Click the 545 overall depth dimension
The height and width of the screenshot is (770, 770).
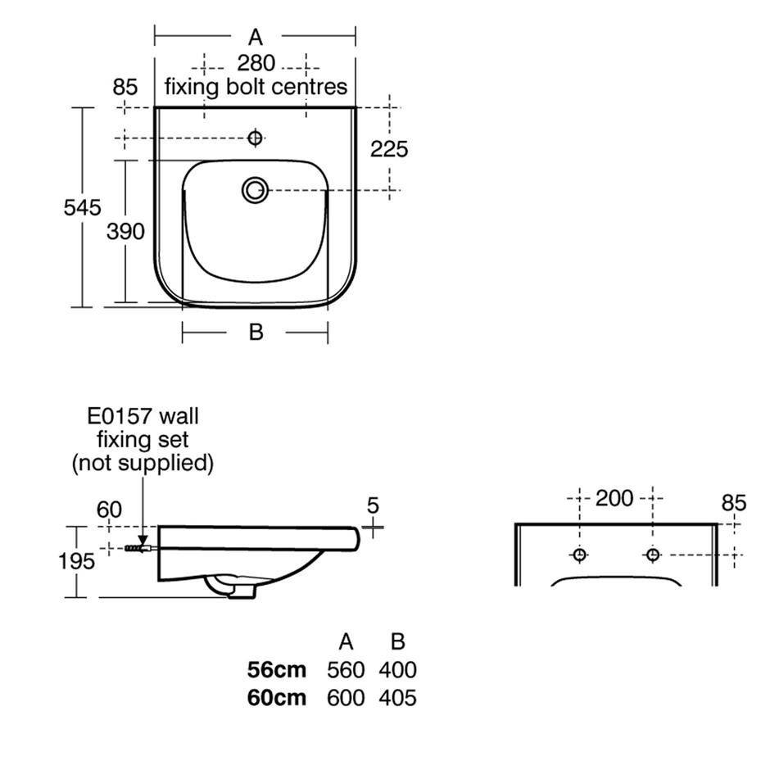83,207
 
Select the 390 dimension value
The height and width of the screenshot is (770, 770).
125,232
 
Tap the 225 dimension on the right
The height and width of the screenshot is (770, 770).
389,149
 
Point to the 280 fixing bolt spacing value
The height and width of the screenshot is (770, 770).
256,63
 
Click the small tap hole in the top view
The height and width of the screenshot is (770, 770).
255,138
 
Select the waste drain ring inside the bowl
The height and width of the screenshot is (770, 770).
255,190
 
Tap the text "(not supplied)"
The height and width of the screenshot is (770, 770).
143,463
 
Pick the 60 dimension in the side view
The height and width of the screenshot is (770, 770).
109,510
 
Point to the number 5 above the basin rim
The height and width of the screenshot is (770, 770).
374,505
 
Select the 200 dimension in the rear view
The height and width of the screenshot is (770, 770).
614,498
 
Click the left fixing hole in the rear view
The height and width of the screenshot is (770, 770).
579,555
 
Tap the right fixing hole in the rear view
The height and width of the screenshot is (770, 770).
653,555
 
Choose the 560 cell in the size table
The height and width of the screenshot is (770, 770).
345,670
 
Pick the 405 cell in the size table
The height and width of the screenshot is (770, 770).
397,698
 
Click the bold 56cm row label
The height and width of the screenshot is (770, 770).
277,670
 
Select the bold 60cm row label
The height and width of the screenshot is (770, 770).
277,698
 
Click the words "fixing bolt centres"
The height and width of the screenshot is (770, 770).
256,86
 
